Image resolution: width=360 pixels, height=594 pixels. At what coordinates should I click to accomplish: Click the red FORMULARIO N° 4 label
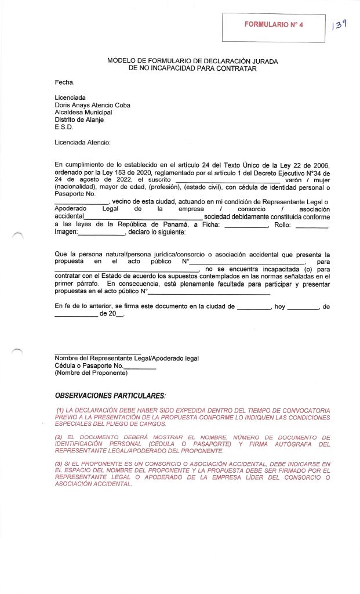(274, 25)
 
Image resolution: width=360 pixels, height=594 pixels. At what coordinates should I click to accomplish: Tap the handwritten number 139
(339, 24)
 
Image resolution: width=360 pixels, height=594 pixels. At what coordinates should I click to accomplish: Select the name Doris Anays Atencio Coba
(92, 105)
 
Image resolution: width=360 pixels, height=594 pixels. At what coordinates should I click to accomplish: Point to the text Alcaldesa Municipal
(83, 112)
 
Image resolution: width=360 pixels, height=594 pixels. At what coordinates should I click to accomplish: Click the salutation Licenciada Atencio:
(82, 142)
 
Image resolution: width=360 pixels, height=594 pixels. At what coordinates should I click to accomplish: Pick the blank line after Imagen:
(101, 233)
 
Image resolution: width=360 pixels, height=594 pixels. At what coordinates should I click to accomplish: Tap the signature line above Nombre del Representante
(97, 353)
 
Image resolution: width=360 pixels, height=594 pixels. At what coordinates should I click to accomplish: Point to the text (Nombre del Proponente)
(91, 373)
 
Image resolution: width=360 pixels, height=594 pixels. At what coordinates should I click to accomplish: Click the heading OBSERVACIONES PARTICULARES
(110, 396)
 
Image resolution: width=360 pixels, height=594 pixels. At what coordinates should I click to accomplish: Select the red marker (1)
(60, 410)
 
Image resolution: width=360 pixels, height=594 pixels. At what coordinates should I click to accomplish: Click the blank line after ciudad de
(254, 306)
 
